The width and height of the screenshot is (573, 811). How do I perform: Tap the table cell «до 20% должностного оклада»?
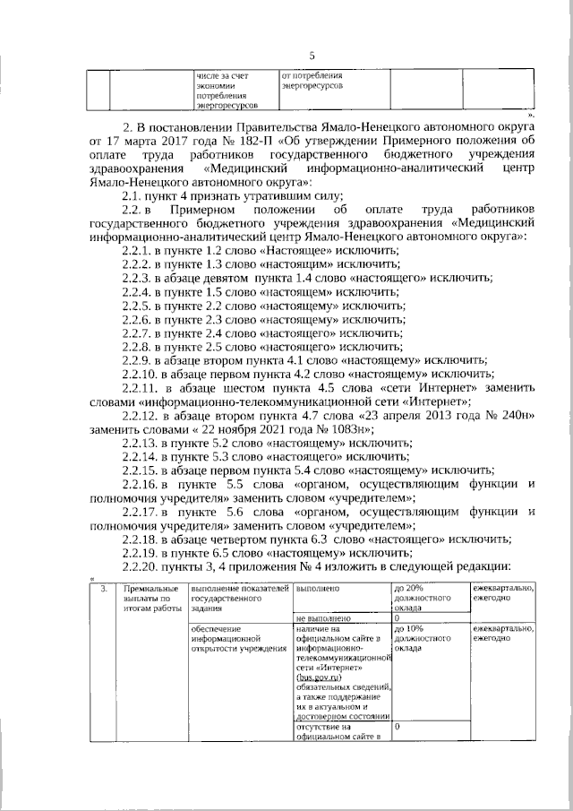pos(421,596)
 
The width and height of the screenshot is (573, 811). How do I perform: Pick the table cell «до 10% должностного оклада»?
pos(421,638)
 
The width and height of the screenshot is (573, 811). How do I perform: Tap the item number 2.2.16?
pos(141,485)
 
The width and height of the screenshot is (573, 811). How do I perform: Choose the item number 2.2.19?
pos(141,552)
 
